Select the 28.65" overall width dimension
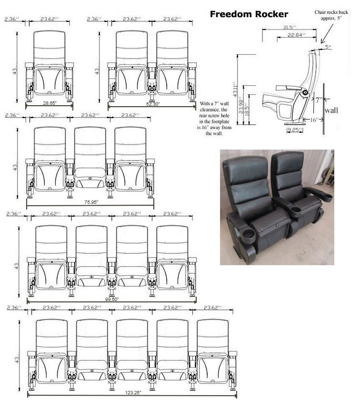50,103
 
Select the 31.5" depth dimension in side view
287,27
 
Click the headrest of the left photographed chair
244,166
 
